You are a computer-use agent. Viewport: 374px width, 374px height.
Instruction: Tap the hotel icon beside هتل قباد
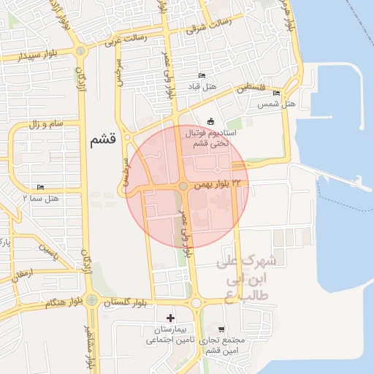[202, 77]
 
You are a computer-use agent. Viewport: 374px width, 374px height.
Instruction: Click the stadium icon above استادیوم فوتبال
[211, 121]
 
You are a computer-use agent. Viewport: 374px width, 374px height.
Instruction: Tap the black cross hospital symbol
[171, 318]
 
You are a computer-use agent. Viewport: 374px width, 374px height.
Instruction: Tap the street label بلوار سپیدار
[26, 56]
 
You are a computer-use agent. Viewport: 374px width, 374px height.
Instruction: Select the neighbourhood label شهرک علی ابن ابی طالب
[250, 277]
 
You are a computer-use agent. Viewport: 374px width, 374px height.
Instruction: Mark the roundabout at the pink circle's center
[182, 186]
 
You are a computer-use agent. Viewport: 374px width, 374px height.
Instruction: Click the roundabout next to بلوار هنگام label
[91, 299]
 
